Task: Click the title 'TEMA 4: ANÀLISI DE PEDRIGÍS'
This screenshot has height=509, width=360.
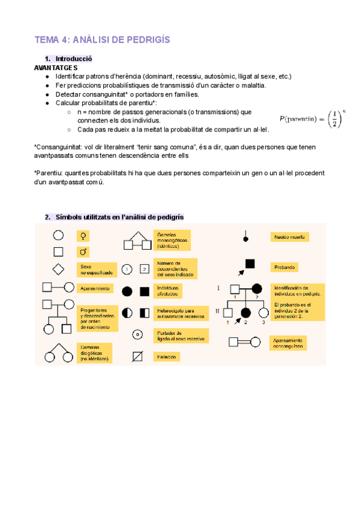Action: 103,40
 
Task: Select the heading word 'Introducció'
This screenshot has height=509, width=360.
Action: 73,59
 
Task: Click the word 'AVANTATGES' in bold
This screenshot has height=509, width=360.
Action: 56,68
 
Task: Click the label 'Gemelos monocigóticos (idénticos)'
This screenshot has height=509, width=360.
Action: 173,240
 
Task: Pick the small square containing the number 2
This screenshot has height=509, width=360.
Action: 144,269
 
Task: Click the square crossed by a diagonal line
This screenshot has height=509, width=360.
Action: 137,357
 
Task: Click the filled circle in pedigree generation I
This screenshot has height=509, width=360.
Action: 257,289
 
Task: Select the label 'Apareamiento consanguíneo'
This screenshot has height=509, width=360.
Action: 291,342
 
